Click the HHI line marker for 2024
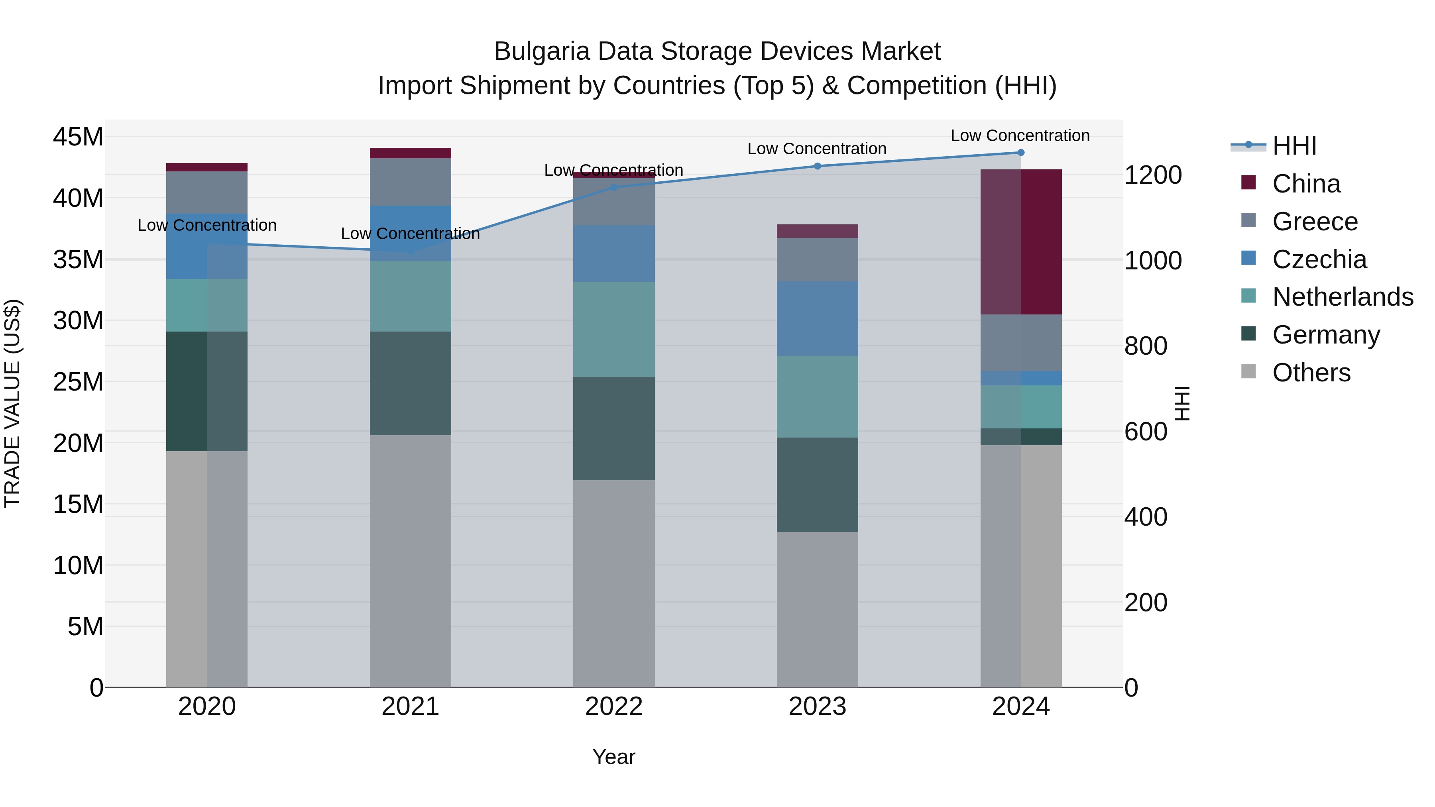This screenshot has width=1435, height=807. coord(1020,152)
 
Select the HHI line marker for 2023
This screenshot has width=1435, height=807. coord(817,166)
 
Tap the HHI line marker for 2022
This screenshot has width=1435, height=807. coord(614,187)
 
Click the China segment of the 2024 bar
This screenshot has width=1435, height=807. coord(1020,242)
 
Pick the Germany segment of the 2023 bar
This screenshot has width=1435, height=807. coord(817,485)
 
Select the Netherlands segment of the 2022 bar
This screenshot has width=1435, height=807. coord(614,329)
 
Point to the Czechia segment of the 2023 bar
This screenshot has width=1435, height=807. coord(817,318)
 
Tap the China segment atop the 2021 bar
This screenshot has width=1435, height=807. coord(410,153)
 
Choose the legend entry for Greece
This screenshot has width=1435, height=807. coord(1315,222)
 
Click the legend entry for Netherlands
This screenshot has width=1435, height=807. coord(1343,297)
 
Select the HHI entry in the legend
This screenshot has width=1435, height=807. coord(1294,146)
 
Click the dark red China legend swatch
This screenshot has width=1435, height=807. coord(1248,183)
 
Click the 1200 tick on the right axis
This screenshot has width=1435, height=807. coord(1152,175)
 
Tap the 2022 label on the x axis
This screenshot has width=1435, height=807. coord(614,707)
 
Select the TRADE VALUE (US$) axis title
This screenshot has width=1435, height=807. coord(12,403)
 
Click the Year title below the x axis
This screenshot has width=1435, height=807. coord(614,757)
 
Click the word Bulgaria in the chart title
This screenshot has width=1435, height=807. coord(541,51)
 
